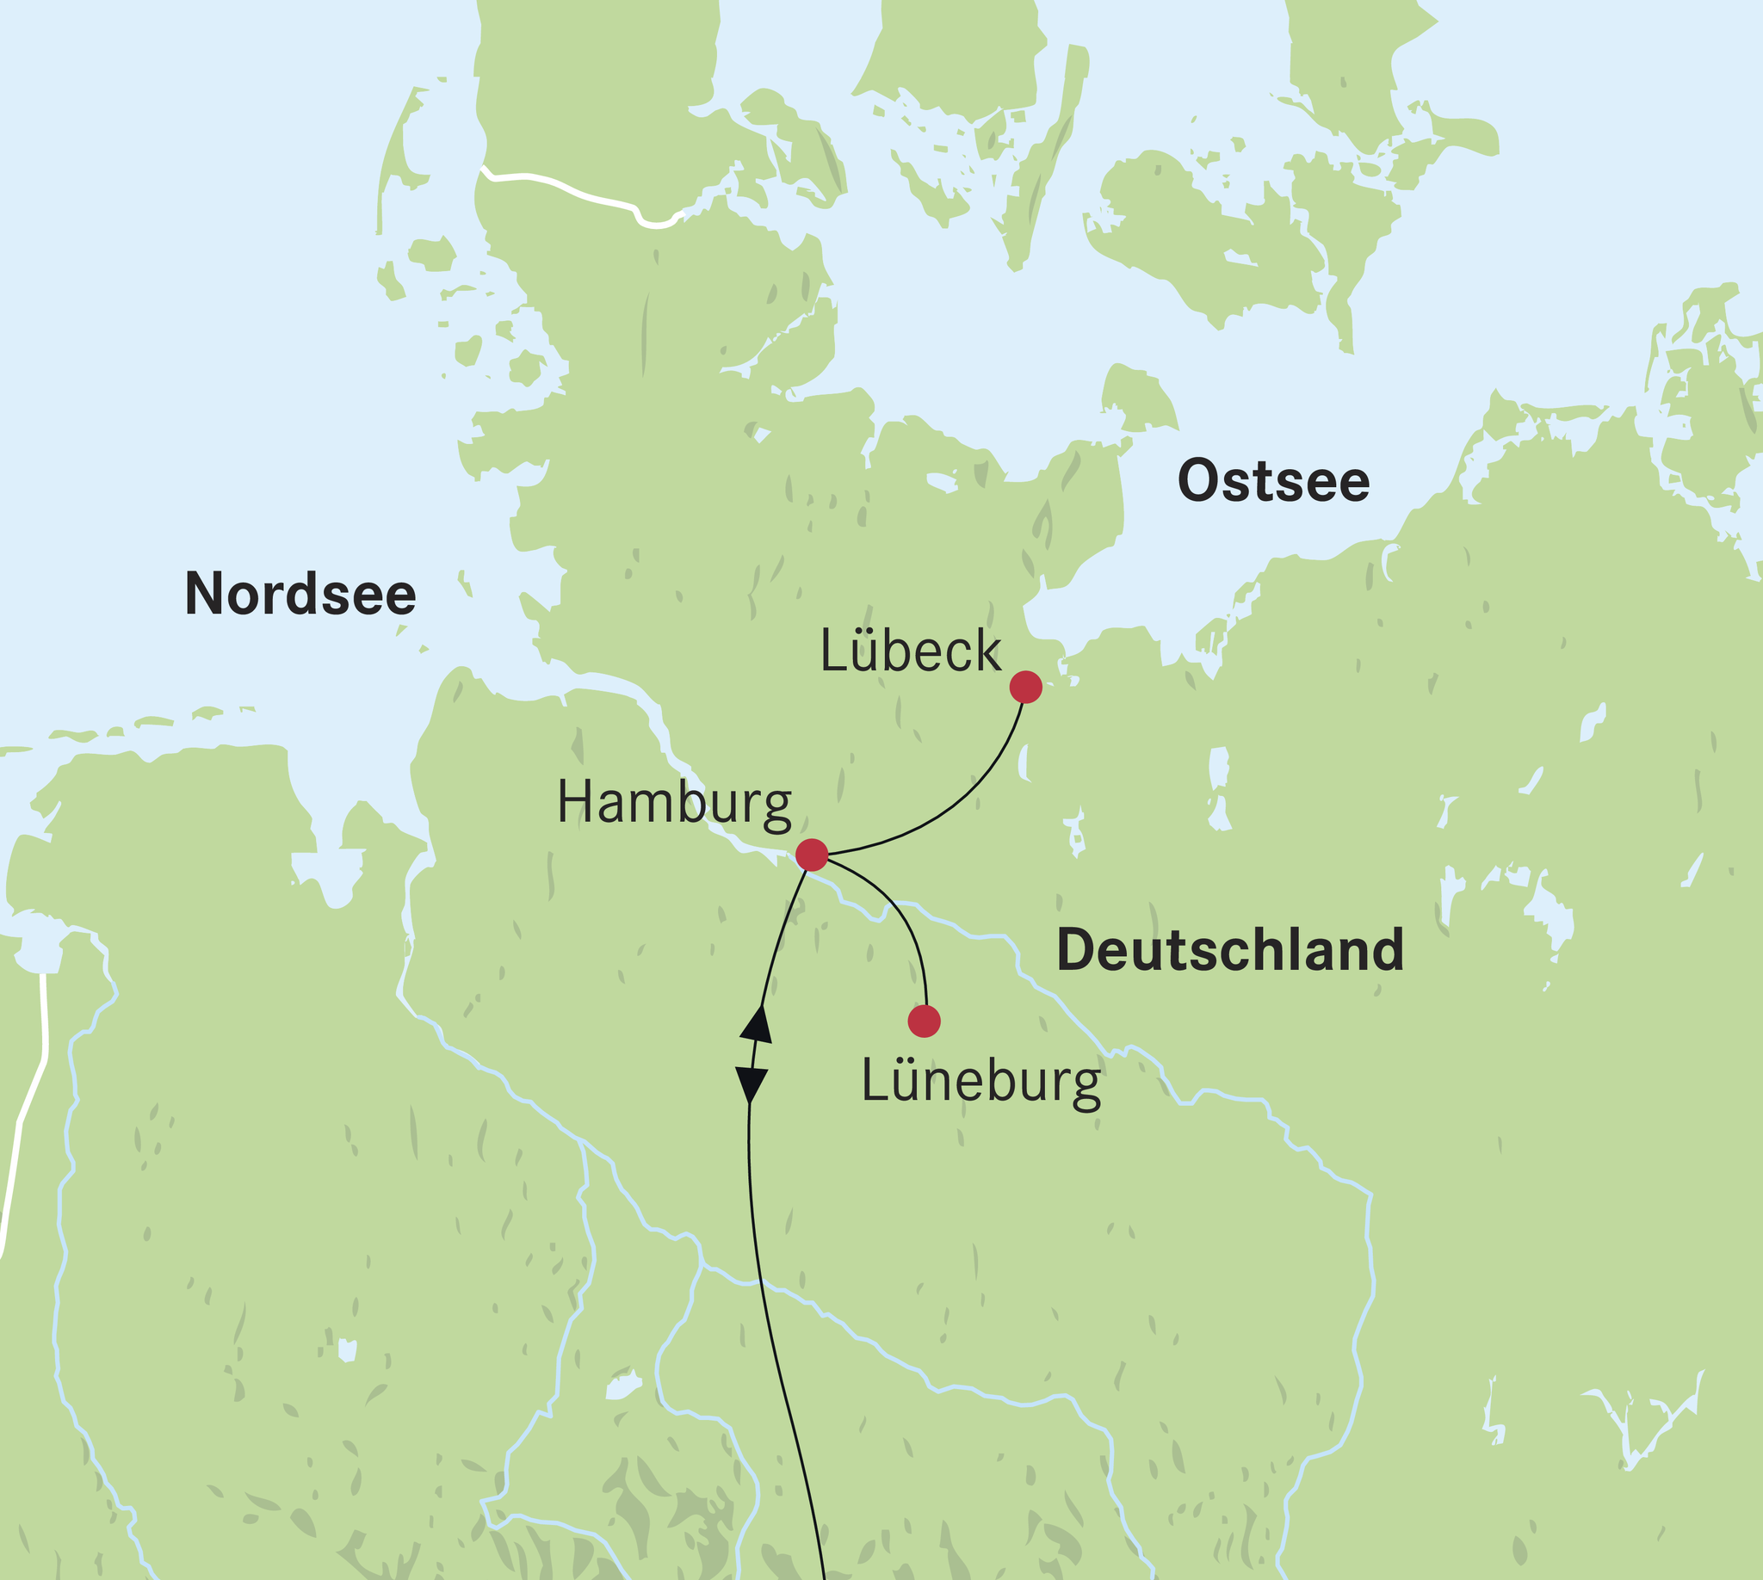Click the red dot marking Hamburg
[x=812, y=855]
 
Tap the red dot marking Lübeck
[x=1025, y=687]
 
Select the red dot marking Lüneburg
[x=924, y=1021]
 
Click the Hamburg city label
[x=674, y=804]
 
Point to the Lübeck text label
[x=910, y=651]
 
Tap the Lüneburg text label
[x=981, y=1083]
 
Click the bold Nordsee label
[x=300, y=595]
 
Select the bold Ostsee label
[x=1273, y=481]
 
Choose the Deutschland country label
[x=1230, y=950]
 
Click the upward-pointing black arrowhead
[x=758, y=1025]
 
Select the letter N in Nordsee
[x=202, y=595]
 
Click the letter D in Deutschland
[x=1075, y=950]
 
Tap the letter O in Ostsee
[x=1199, y=481]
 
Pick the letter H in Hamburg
[x=573, y=802]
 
